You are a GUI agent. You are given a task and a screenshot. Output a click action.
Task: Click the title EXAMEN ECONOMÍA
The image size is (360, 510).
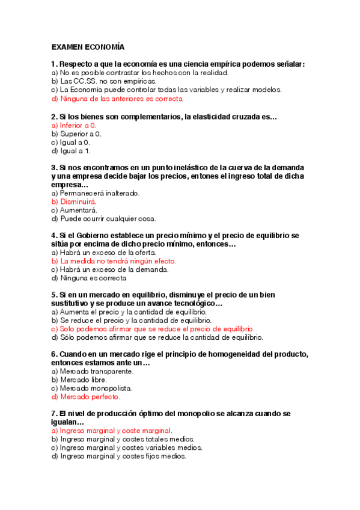coord(88,47)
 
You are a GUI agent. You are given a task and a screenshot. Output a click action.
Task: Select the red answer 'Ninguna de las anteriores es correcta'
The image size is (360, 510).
coord(118,99)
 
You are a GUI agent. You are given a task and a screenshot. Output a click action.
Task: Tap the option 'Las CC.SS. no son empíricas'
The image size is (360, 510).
coord(96,81)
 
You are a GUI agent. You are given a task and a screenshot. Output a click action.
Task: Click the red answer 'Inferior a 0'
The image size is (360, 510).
coord(74,125)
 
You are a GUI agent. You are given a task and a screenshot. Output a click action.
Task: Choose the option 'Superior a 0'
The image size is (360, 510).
coord(76,134)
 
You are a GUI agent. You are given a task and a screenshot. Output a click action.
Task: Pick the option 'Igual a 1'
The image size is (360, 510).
coord(71,151)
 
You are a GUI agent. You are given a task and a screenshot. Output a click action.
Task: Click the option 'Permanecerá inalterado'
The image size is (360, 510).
coord(87,194)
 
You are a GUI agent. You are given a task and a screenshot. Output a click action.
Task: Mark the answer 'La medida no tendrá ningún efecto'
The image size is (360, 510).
coord(114,262)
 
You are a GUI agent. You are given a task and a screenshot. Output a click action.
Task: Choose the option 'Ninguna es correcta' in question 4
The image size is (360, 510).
coord(89,278)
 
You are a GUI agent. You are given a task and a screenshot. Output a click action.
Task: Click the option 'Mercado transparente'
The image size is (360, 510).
coord(93,371)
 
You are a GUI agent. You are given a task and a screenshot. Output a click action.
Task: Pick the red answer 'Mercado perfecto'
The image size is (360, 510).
coord(86,397)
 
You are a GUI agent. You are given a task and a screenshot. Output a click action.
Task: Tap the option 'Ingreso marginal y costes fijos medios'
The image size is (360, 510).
coord(119,456)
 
